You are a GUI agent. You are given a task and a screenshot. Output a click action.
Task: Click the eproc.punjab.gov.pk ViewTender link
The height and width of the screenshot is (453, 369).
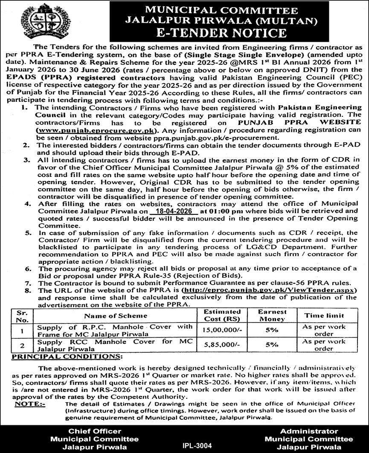269,290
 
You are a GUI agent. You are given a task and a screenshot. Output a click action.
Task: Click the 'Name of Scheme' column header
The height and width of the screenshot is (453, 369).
115,316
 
